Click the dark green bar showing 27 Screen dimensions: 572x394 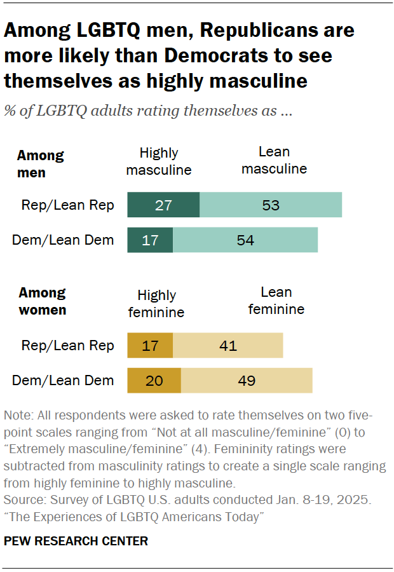pos(163,205)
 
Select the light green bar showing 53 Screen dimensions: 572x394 pos(271,205)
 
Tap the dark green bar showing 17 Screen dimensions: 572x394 pos(150,240)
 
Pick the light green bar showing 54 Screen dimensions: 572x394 pos(245,240)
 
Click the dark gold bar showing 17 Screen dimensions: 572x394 pos(150,346)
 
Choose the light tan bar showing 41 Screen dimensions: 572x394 pos(228,346)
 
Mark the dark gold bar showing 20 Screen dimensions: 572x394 pos(154,380)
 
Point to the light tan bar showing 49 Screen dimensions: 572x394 pos(247,380)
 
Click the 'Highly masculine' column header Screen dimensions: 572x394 pos(159,161)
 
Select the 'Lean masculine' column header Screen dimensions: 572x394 pos(275,160)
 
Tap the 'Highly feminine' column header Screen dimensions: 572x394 pos(156,303)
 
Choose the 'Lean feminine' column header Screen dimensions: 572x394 pos(276,301)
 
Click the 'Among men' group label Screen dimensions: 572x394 pos(40,163)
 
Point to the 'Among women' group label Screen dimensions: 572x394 pos(42,301)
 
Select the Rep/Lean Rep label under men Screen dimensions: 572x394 pos(67,205)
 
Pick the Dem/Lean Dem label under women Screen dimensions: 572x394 pos(64,380)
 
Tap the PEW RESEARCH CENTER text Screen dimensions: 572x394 pos(76,541)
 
